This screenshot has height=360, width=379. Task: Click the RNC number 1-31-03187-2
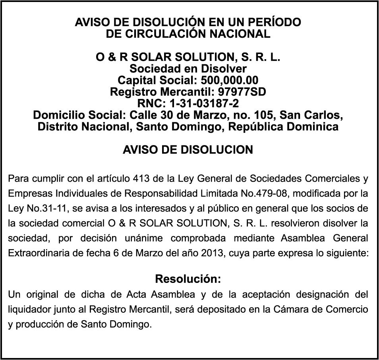(204, 104)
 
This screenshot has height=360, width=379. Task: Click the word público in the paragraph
(228, 208)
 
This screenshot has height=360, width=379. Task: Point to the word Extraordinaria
(34, 253)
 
